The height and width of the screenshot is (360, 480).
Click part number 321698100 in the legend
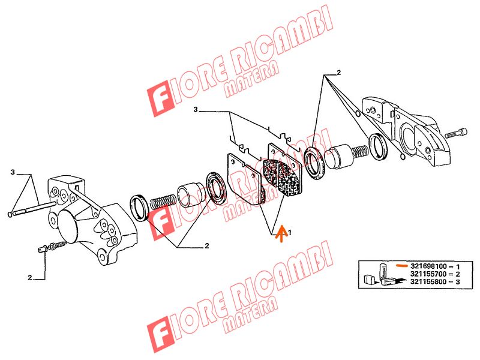click(x=428, y=266)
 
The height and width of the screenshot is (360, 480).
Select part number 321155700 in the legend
click(x=428, y=274)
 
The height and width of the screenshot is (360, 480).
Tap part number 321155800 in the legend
click(x=428, y=281)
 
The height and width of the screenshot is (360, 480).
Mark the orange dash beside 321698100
click(x=401, y=265)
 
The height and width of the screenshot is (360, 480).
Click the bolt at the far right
click(x=457, y=133)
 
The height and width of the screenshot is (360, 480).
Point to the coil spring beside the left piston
click(x=163, y=202)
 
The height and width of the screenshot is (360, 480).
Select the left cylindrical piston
click(x=190, y=195)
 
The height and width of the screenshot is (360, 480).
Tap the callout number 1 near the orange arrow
click(x=290, y=233)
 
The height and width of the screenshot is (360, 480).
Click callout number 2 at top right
click(x=338, y=73)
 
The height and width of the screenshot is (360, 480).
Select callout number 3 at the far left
click(x=13, y=172)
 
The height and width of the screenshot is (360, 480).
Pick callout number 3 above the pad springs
click(x=196, y=110)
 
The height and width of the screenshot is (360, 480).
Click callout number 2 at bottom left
click(x=29, y=278)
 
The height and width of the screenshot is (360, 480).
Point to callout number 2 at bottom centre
click(x=207, y=245)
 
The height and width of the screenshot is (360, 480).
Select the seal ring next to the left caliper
click(x=140, y=208)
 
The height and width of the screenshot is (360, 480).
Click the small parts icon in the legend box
click(x=383, y=274)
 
